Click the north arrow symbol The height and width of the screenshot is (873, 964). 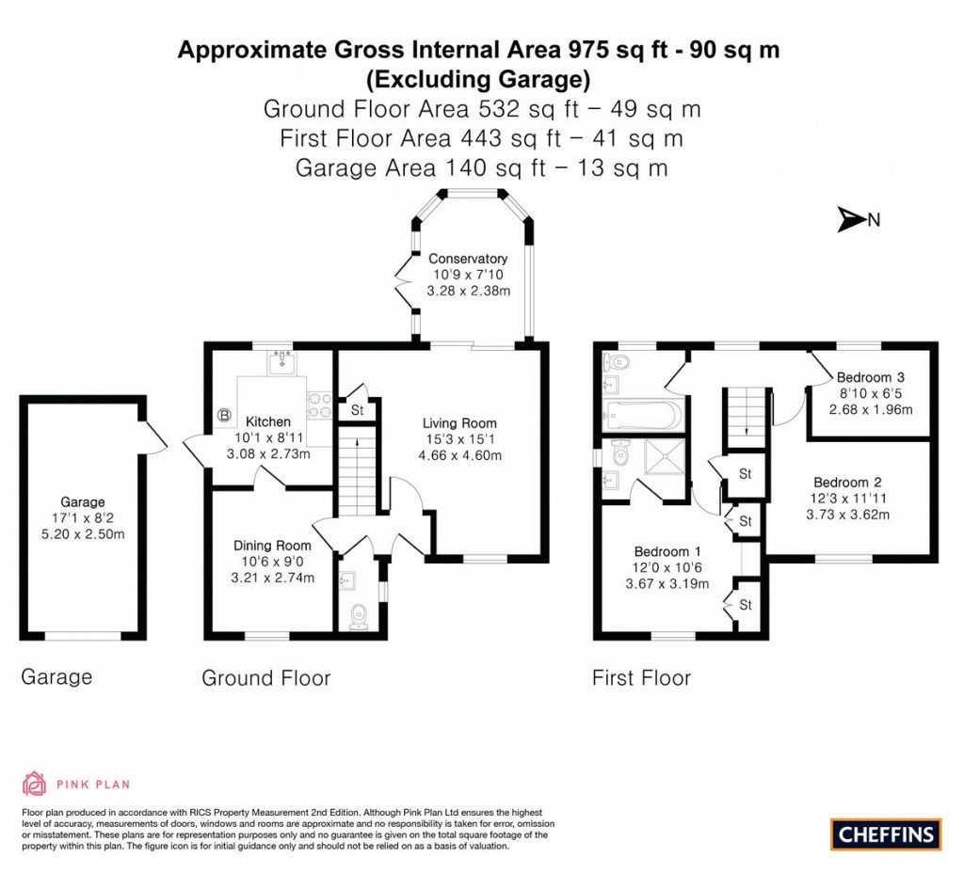pyautogui.click(x=851, y=220)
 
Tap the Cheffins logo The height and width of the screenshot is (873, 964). pyautogui.click(x=886, y=833)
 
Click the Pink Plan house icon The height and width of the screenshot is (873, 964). pyautogui.click(x=34, y=783)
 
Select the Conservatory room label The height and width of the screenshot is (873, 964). pyautogui.click(x=468, y=259)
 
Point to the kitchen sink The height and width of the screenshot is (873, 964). pyautogui.click(x=281, y=361)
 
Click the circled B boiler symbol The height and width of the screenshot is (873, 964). pyautogui.click(x=225, y=414)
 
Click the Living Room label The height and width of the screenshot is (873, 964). pyautogui.click(x=459, y=423)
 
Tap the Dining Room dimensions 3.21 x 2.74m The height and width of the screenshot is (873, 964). pyautogui.click(x=273, y=578)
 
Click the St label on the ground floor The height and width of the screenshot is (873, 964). pyautogui.click(x=358, y=410)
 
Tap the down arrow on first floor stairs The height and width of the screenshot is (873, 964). pyautogui.click(x=746, y=431)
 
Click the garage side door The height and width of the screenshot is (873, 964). pyautogui.click(x=153, y=435)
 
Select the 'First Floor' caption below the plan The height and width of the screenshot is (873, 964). pyautogui.click(x=641, y=677)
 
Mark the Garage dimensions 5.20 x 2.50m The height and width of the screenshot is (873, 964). pyautogui.click(x=84, y=533)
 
